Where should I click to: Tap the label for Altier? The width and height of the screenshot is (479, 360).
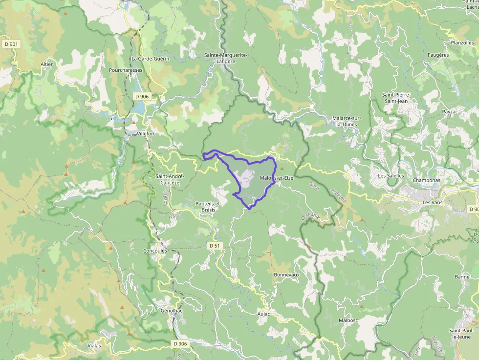(47, 64)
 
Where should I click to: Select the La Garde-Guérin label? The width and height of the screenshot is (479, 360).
(150, 59)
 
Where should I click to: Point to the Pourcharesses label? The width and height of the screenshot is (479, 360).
(126, 70)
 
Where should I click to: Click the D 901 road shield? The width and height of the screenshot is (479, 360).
(11, 44)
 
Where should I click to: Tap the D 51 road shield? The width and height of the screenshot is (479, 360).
(214, 246)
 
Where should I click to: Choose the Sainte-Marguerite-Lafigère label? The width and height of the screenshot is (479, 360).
(226, 58)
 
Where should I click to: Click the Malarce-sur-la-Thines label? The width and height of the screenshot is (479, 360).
(347, 121)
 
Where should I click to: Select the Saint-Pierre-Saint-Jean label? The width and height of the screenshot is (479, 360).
(396, 98)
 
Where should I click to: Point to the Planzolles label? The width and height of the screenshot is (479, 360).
(462, 43)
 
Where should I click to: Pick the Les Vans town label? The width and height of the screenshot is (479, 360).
(433, 202)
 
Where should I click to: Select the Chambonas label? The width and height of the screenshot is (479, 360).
(427, 180)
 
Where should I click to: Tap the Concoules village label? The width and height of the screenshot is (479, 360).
(155, 251)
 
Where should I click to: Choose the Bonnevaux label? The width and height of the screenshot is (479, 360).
(286, 275)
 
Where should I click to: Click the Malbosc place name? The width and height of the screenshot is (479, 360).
(347, 320)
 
